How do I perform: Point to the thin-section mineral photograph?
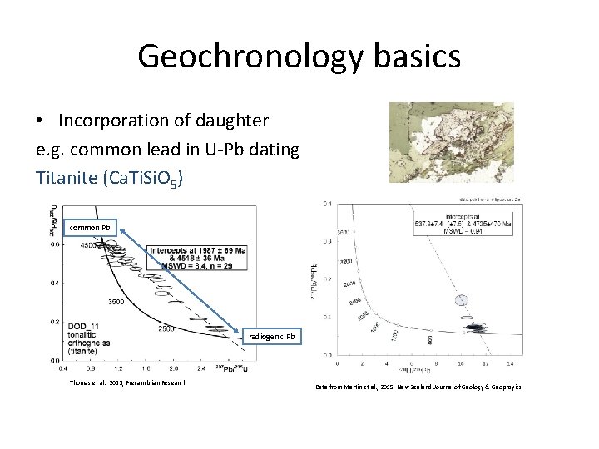click(x=451, y=142)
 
